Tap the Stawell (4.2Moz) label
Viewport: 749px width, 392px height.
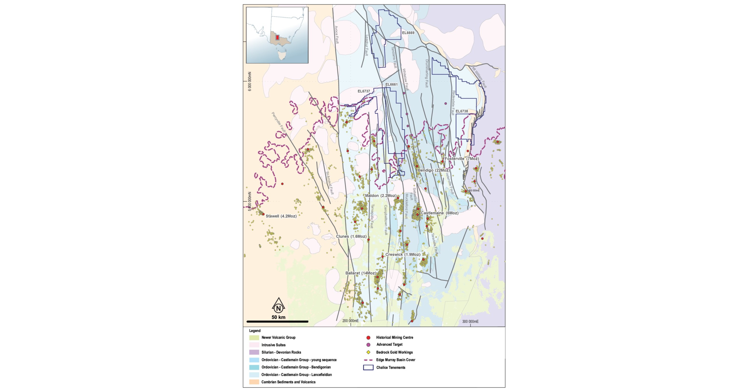point(281,216)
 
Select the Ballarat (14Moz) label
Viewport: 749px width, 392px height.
point(360,273)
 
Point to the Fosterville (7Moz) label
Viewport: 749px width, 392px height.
point(461,158)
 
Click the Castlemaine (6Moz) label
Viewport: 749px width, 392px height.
point(439,213)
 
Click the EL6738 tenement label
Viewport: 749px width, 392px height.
point(462,111)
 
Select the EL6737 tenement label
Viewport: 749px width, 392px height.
point(364,91)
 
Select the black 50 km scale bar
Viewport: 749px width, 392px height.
point(277,321)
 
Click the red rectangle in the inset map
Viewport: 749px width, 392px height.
point(277,37)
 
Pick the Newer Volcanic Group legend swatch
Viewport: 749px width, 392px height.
point(254,338)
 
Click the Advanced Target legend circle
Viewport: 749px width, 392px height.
point(368,345)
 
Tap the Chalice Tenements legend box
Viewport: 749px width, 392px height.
point(368,368)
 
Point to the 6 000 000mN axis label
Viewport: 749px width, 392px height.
point(250,81)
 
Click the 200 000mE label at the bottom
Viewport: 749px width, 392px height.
point(350,321)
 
